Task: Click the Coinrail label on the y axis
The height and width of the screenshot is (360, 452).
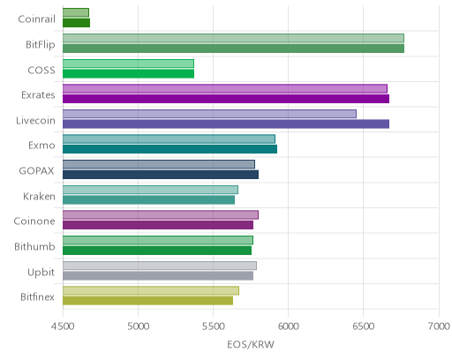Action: point(36,19)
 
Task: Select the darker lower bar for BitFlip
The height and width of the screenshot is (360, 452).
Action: point(233,49)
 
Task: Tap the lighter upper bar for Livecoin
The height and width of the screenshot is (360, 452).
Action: point(209,114)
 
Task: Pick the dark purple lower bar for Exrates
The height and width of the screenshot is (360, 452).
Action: point(226,99)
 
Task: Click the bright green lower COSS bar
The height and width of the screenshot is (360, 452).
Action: point(128,73)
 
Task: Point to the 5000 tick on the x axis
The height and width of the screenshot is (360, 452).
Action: point(139,326)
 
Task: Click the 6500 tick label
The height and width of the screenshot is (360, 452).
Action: point(364,326)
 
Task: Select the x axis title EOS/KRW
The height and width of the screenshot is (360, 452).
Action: point(251,344)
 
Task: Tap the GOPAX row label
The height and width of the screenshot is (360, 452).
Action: point(36,171)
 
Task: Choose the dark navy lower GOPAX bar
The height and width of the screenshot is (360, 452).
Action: point(161,175)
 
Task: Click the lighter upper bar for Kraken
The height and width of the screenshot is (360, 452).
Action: point(150,190)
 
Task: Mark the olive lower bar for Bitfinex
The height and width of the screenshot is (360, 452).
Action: point(147,301)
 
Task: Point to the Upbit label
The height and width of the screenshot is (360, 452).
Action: point(41,273)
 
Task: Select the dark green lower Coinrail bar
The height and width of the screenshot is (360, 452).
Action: point(76,23)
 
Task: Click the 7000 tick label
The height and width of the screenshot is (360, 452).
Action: point(439,326)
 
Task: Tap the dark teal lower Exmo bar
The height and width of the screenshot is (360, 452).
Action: point(169,149)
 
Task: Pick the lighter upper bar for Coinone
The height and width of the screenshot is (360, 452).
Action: point(161,215)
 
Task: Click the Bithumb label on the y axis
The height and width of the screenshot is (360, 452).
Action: point(34,246)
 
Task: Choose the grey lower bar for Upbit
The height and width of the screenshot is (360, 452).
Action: point(158,275)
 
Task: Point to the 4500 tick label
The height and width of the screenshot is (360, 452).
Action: point(63,326)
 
